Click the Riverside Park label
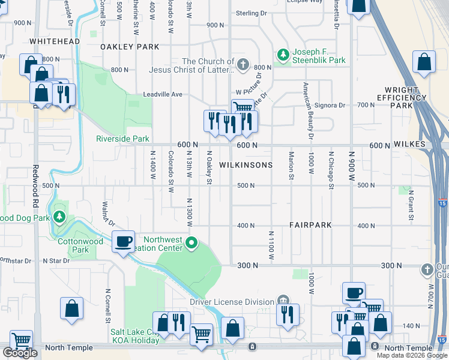122,139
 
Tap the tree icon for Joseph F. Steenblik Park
283,55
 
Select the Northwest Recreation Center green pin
191,243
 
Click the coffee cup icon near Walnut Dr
124,242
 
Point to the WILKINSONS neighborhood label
246,165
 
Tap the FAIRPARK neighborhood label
310,225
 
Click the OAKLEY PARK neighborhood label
130,47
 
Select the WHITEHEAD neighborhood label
54,41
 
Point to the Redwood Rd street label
35,180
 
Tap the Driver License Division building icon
283,301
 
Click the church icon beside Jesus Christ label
243,64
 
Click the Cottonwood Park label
81,245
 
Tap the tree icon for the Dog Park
59,217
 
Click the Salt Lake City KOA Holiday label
134,336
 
